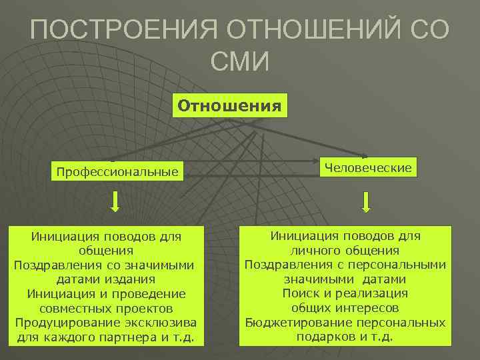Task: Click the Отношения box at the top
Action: click(229, 106)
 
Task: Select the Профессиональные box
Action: click(117, 172)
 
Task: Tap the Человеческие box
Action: click(368, 167)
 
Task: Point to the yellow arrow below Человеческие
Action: click(367, 201)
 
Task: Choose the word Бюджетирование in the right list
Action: click(295, 322)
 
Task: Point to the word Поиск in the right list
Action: click(301, 293)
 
